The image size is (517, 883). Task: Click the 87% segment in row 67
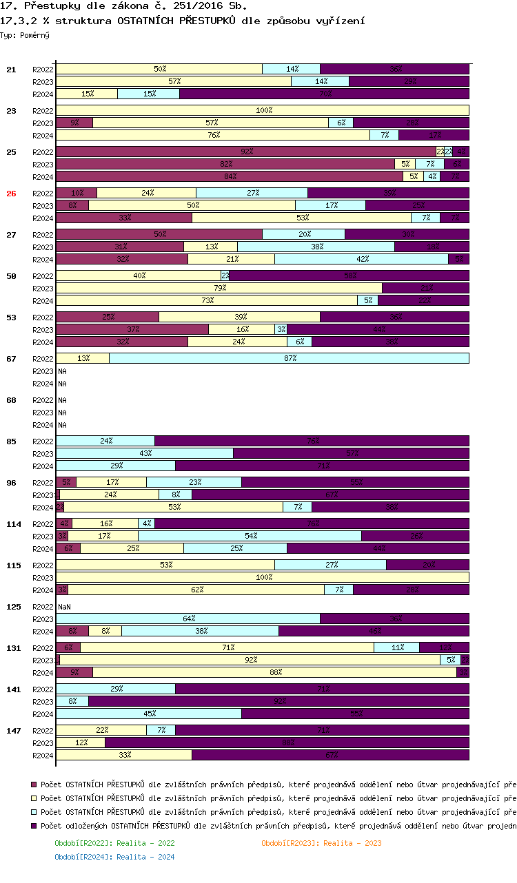[x=289, y=358]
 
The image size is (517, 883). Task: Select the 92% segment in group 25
[x=245, y=152]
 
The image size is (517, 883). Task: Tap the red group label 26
[x=11, y=194]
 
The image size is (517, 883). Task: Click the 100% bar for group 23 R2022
[x=263, y=110]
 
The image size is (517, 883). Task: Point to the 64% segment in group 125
[x=188, y=619]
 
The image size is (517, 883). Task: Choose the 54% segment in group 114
[x=250, y=536]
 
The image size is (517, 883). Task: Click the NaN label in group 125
[x=64, y=607]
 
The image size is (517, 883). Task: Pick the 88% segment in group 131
[x=274, y=672]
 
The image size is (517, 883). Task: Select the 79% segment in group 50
[x=219, y=288]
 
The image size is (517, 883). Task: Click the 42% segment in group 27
[x=361, y=259]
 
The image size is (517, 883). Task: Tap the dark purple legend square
[x=34, y=825]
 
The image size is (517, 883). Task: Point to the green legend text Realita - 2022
[x=114, y=843]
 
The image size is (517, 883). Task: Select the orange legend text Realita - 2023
[x=321, y=843]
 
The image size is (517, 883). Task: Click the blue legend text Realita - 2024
[x=114, y=857]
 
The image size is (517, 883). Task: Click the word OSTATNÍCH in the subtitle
[x=147, y=21]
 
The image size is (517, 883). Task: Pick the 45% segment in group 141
[x=149, y=714]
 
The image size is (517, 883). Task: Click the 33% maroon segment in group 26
[x=124, y=218]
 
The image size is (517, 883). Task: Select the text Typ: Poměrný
[x=25, y=34]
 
